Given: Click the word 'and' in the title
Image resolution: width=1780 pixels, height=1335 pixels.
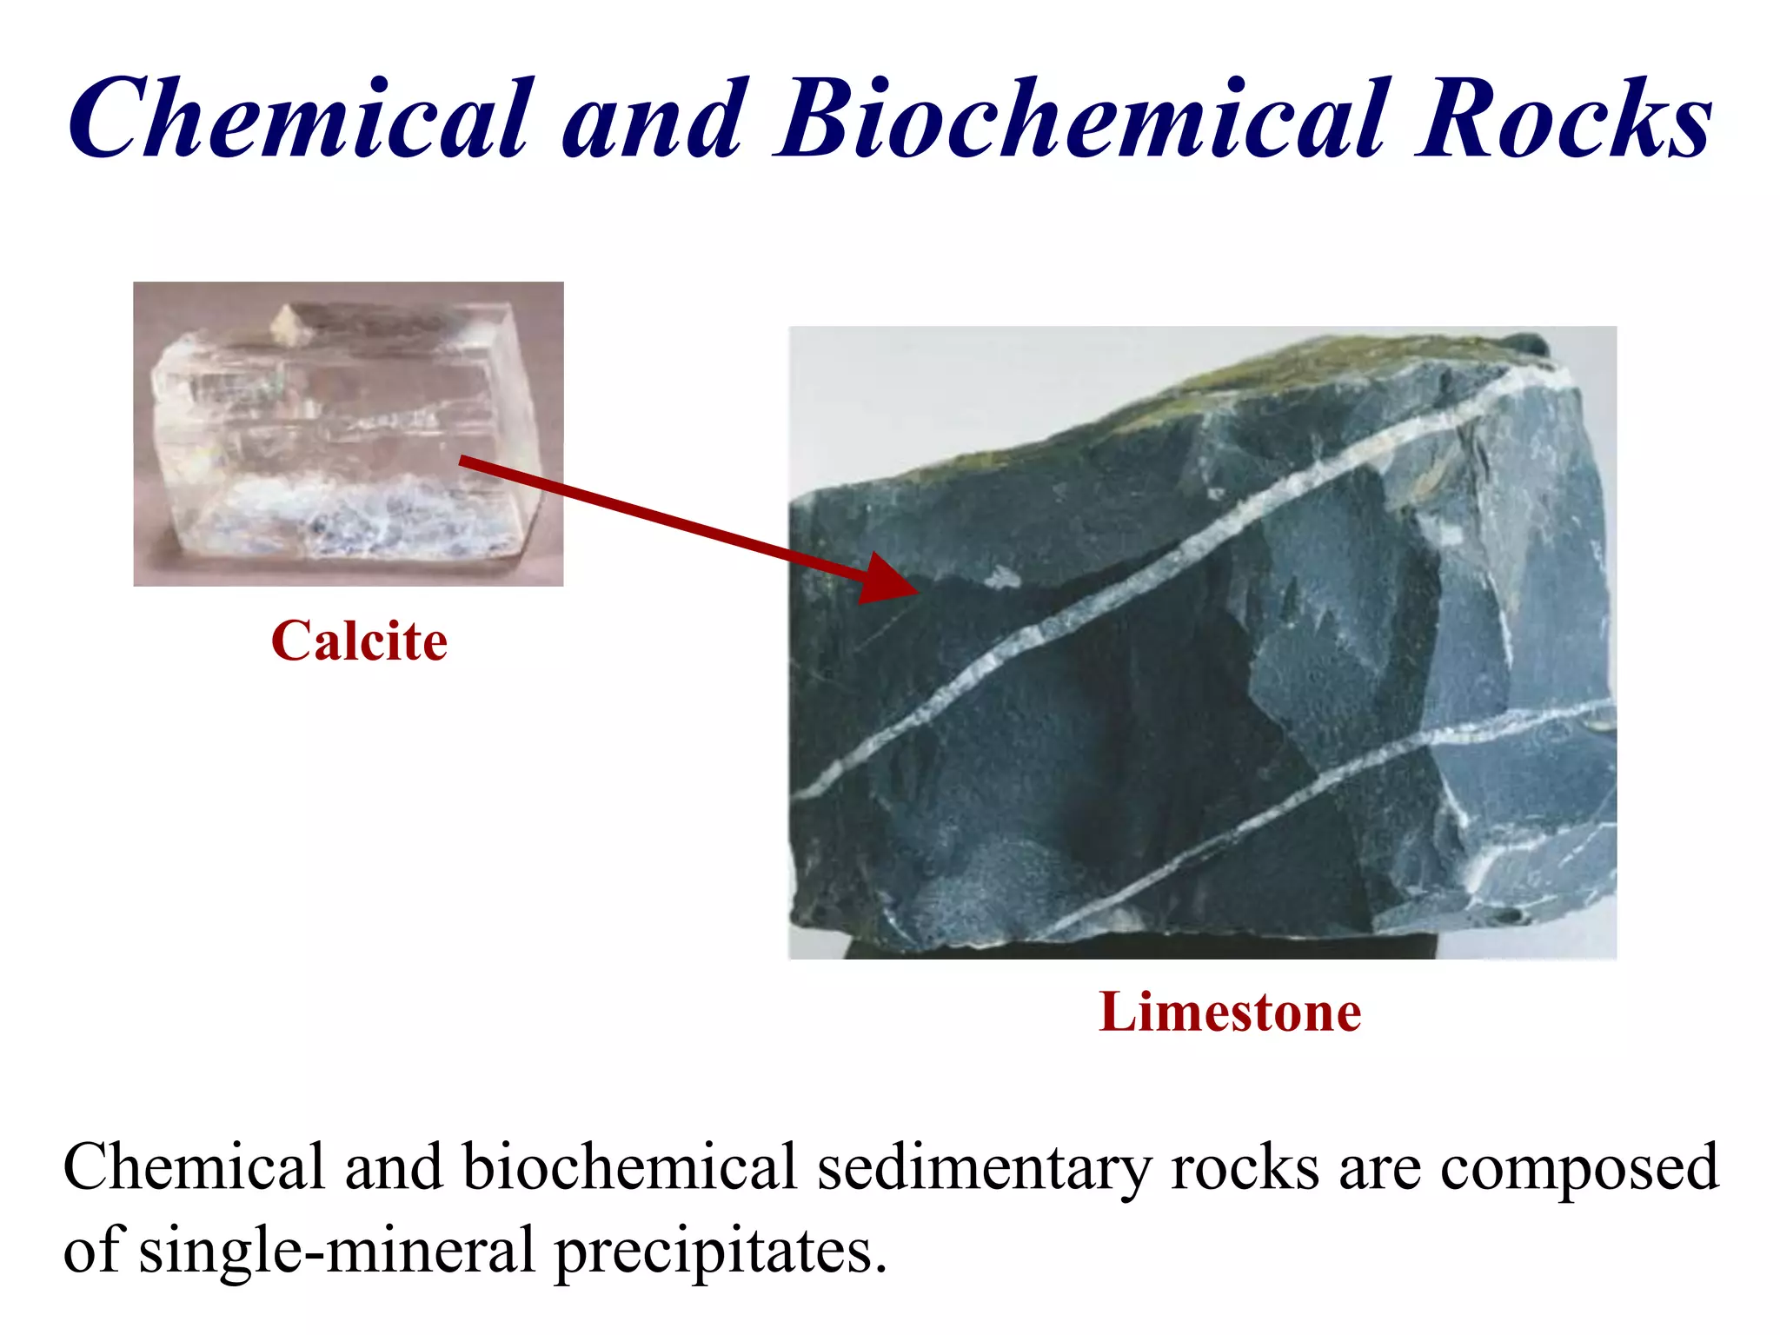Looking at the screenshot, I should click(x=656, y=119).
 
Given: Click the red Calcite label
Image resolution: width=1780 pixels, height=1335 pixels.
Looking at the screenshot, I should click(x=359, y=641).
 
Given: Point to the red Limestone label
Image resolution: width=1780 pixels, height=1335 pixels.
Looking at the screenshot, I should click(x=1230, y=1013).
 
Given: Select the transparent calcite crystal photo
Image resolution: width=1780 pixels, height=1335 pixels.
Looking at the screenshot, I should click(x=348, y=434).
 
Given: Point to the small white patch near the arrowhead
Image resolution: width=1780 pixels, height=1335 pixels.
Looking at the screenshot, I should click(x=1002, y=576).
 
